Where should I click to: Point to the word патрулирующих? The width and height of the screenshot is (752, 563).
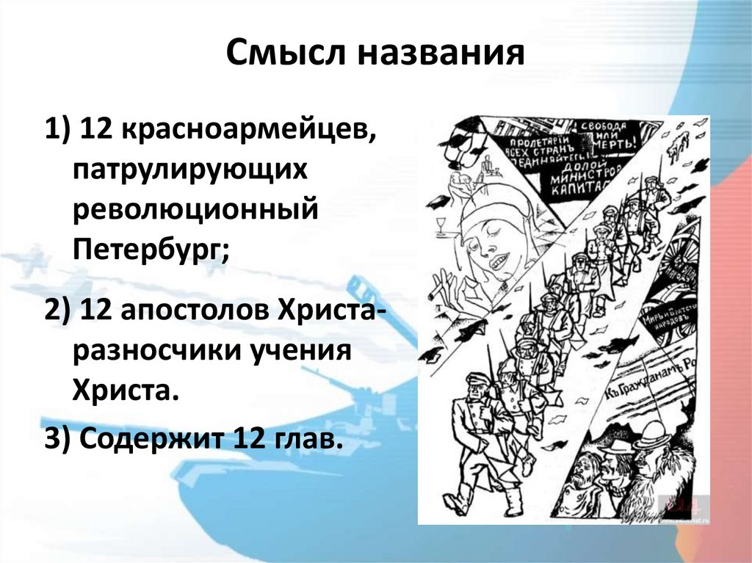tap(188, 170)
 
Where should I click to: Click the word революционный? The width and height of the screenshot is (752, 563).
tap(195, 209)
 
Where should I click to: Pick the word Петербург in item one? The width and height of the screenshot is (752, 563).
tap(148, 249)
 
